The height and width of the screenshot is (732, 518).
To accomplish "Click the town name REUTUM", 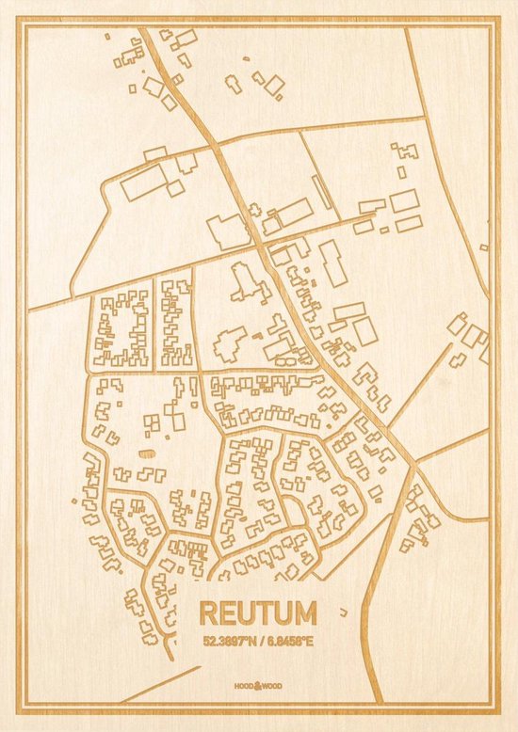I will coord(258,613).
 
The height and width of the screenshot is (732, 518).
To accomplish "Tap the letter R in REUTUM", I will coord(209,613).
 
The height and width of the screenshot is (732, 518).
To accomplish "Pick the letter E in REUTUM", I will coord(228,613).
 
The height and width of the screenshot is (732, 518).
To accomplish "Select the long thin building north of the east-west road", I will coord(322,193).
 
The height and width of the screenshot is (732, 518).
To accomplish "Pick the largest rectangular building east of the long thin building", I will coord(404,200).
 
